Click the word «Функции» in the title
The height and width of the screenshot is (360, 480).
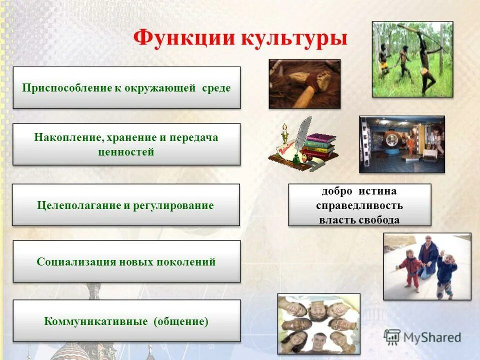[184, 38]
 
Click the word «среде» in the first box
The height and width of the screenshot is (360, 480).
[216, 88]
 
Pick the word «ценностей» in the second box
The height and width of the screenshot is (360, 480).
[126, 152]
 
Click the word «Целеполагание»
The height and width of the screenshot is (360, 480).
[79, 205]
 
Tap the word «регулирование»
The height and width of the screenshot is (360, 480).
[173, 205]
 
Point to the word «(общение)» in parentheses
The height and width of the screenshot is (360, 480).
[181, 321]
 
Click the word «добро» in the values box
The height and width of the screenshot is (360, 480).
[336, 191]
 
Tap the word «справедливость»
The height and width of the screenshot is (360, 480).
[359, 205]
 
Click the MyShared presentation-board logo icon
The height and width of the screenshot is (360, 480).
[392, 337]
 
